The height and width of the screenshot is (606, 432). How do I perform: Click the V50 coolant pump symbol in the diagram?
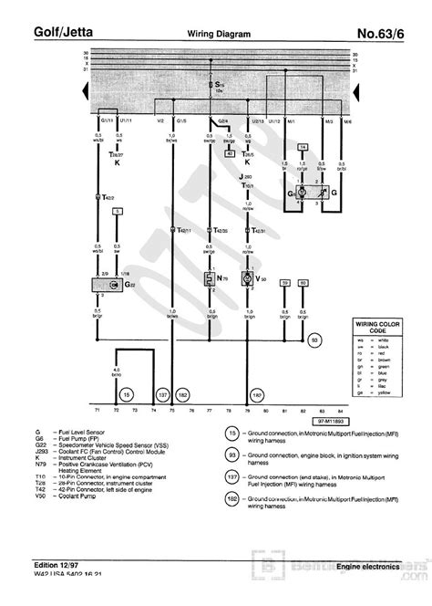[245, 278]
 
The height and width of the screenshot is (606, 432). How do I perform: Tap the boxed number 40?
[230, 155]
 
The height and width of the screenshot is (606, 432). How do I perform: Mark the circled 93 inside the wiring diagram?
[314, 340]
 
